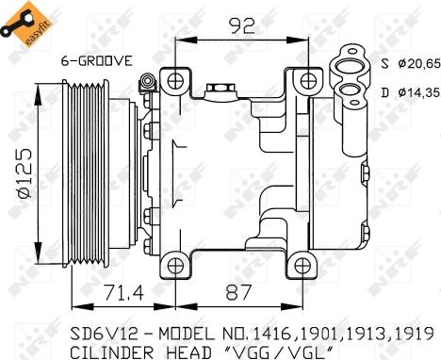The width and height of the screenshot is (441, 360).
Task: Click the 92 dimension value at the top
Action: pyautogui.click(x=241, y=25)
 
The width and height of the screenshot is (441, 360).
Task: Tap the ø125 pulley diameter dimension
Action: pyautogui.click(x=25, y=173)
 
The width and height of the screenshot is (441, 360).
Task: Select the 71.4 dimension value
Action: pyautogui.click(x=123, y=292)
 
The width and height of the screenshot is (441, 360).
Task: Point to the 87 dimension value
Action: pyautogui.click(x=239, y=292)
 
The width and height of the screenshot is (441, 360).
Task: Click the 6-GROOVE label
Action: pyautogui.click(x=97, y=60)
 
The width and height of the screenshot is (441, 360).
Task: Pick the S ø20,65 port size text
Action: pyautogui.click(x=410, y=64)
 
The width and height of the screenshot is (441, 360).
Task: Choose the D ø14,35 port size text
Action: pyautogui.click(x=410, y=92)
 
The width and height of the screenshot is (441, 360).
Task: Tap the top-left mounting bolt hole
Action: pyautogui.click(x=175, y=81)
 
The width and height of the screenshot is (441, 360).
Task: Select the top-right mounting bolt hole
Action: pyautogui.click(x=308, y=81)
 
